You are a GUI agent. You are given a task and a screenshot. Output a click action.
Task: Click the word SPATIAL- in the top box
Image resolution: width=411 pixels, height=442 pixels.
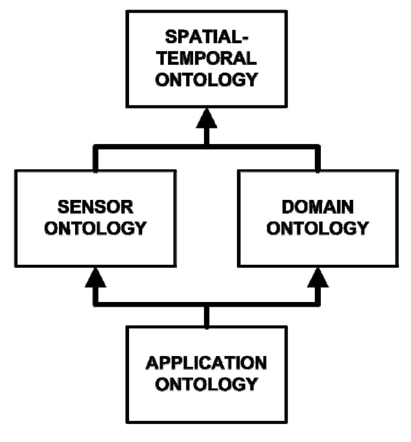coord(207,38)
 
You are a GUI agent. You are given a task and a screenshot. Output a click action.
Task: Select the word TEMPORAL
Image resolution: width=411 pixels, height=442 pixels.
coord(207,58)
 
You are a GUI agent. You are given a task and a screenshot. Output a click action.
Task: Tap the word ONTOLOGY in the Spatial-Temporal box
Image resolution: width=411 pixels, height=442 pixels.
coord(207,79)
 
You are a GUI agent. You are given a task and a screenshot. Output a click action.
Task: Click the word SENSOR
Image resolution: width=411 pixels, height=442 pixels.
coord(96,207)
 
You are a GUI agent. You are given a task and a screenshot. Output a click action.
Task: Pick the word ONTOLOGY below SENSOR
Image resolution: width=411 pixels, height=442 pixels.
coord(96,228)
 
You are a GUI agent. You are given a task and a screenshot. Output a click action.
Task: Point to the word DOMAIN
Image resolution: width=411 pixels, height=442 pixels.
coord(318,207)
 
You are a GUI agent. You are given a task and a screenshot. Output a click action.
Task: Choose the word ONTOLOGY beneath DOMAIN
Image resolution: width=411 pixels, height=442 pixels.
coord(318,228)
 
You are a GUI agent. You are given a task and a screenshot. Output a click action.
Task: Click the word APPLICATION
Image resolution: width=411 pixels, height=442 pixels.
coord(207,363)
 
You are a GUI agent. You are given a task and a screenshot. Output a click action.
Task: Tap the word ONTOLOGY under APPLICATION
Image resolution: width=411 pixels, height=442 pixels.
coord(207,384)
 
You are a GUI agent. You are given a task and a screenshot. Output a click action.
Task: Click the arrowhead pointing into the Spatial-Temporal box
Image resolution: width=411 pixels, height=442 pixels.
coord(207,119)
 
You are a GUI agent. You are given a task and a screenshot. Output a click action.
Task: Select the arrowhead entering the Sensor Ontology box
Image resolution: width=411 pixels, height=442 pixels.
coord(96,279)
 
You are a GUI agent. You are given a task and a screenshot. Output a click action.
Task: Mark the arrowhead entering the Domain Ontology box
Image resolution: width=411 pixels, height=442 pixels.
coord(318,279)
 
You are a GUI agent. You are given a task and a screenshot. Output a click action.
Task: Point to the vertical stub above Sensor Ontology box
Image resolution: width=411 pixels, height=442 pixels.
coord(96,159)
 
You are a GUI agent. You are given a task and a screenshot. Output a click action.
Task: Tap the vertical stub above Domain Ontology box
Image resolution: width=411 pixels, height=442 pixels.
coord(318,159)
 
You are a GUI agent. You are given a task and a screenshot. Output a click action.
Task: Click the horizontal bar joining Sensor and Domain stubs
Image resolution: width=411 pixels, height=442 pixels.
coord(151,148)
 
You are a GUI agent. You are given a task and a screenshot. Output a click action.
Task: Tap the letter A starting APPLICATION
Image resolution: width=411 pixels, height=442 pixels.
coord(153,363)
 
